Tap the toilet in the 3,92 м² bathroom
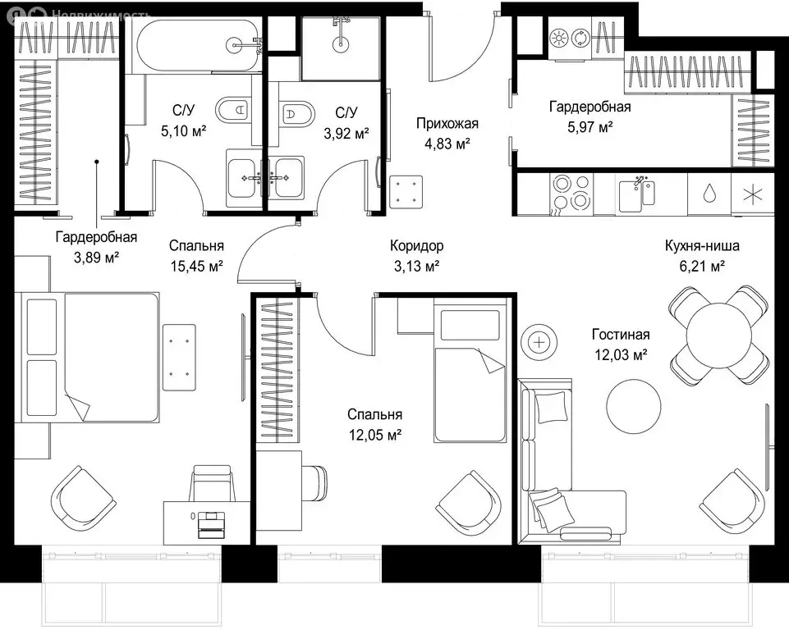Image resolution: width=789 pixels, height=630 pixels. pos(297,114)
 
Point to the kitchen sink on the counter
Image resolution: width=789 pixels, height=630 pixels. pos(637,194)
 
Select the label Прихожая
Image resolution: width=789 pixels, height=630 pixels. pos(447,123)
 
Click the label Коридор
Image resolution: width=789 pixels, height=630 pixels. pos(416,246)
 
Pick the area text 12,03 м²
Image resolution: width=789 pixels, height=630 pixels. pos(621,355)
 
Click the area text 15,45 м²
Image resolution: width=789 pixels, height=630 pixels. pos(197,267)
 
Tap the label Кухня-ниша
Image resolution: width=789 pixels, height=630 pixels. pos(702,246)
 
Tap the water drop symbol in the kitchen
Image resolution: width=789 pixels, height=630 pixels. pos(709,192)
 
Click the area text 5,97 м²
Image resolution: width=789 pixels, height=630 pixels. pos(590,127)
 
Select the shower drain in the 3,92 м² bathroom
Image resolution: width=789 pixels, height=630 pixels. pos(340,43)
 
